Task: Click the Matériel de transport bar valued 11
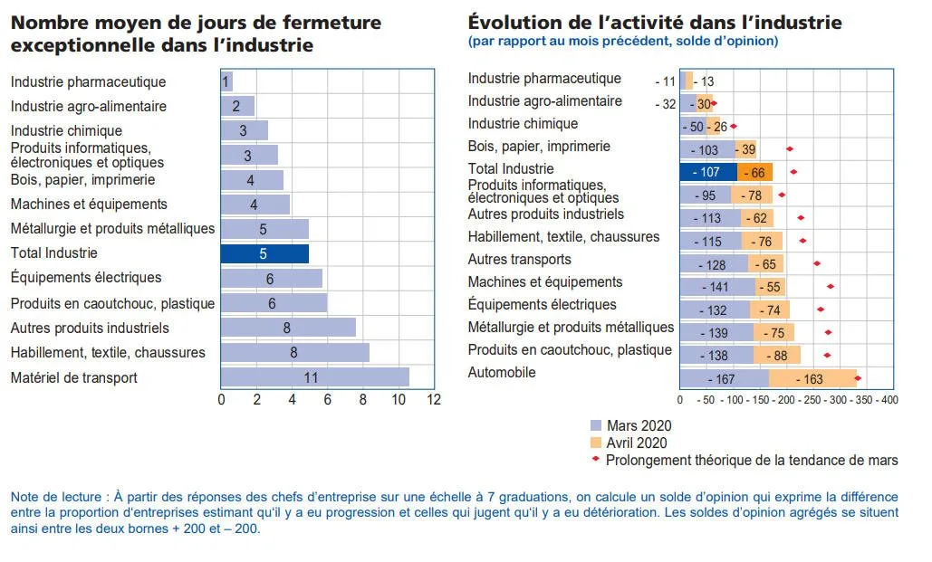pos(314,377)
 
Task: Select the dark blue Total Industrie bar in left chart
pos(264,253)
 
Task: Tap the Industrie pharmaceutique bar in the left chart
pos(226,81)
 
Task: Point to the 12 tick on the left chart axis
pos(433,398)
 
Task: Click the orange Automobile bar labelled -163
pos(812,379)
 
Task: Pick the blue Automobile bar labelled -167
pos(725,379)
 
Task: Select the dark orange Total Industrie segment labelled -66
pos(754,172)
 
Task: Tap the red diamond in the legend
pos(595,460)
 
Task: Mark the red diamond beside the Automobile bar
pos(858,378)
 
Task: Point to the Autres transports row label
pos(519,260)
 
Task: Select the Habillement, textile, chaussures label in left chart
pos(108,352)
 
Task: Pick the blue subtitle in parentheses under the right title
pos(622,41)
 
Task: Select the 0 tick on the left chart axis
pos(222,398)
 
